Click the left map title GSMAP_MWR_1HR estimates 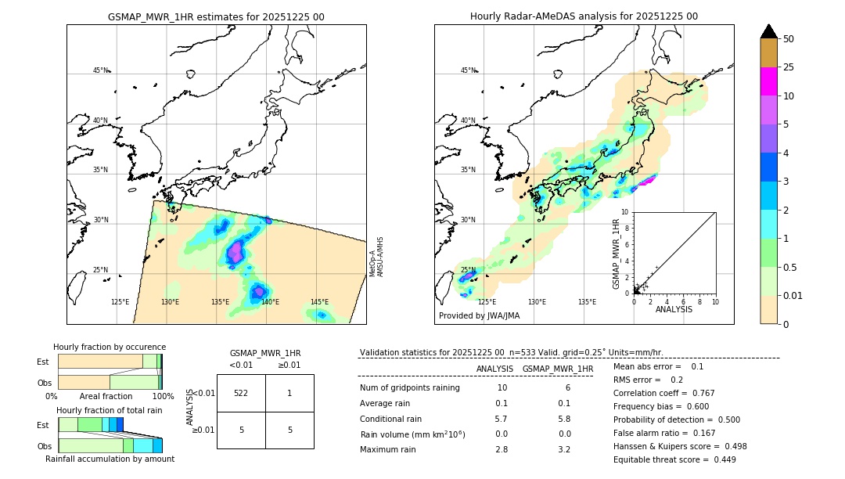tap(216, 16)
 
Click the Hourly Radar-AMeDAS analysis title tap(584, 16)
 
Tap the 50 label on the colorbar tap(789, 39)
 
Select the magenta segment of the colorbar tap(769, 81)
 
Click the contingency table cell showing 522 tap(241, 393)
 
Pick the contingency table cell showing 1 tap(289, 393)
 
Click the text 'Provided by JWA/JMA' tap(479, 316)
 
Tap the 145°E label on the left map tap(319, 302)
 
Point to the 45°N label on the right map tap(468, 70)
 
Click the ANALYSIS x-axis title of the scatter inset tap(674, 310)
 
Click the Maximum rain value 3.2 tap(563, 449)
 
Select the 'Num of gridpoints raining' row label tap(410, 388)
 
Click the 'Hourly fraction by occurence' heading tap(110, 347)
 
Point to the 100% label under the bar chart tap(163, 397)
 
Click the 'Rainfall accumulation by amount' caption tap(110, 459)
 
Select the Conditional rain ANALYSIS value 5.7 tap(502, 419)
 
